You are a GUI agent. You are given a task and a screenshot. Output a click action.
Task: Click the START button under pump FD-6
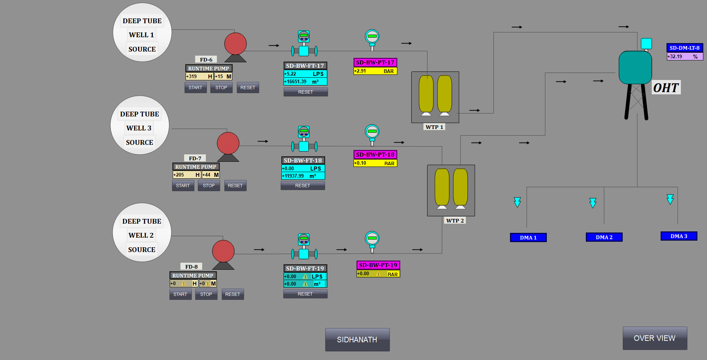click(x=195, y=88)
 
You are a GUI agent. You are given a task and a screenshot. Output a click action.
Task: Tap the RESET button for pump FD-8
click(x=232, y=294)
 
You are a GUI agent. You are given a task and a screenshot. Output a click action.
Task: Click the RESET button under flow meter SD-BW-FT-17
click(x=305, y=92)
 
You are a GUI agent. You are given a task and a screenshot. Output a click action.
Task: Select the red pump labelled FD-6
click(x=235, y=44)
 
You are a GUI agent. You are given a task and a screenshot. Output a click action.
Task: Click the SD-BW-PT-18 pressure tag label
click(x=375, y=155)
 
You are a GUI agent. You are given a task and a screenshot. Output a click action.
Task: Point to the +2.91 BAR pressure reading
click(x=375, y=71)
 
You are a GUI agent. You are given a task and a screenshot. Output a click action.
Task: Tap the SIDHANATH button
click(x=357, y=339)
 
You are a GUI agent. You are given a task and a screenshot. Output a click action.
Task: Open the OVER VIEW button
click(x=654, y=338)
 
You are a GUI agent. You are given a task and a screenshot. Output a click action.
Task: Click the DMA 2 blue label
click(x=604, y=237)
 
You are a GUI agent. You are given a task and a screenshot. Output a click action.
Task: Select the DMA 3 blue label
click(x=679, y=236)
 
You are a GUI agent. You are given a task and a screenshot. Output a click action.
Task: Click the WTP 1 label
click(x=435, y=127)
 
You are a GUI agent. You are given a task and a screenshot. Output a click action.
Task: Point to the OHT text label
click(x=666, y=88)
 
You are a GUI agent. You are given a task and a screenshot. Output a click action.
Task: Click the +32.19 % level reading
click(x=684, y=56)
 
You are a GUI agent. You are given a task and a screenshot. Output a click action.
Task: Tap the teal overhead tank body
click(x=635, y=67)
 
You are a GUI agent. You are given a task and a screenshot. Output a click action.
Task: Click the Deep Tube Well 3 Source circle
click(x=140, y=125)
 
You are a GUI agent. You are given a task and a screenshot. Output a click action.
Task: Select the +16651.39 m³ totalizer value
click(x=305, y=82)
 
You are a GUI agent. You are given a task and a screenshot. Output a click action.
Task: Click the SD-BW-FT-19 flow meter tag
click(x=305, y=269)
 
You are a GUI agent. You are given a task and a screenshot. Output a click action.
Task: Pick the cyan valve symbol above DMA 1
click(x=517, y=202)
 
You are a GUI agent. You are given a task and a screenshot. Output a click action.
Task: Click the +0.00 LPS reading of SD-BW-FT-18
click(x=303, y=168)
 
